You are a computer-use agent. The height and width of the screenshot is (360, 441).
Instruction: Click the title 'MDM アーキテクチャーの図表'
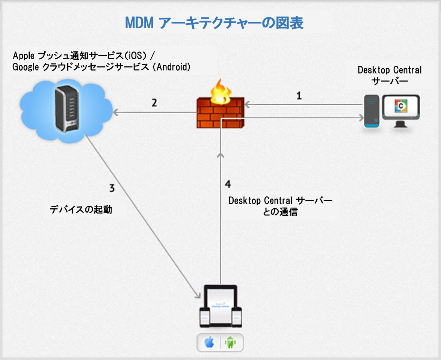tap(214, 23)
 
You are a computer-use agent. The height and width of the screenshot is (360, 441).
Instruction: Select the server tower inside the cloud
tap(66, 109)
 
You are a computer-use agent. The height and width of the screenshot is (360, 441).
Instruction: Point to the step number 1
tap(299, 96)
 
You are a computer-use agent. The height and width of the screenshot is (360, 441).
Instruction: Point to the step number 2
tap(154, 103)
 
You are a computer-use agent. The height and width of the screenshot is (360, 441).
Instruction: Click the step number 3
tap(112, 188)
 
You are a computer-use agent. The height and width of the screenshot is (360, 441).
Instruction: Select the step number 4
tap(228, 184)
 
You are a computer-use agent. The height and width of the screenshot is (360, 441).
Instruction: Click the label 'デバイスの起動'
tap(81, 209)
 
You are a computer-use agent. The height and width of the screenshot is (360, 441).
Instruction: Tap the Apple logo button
tap(209, 342)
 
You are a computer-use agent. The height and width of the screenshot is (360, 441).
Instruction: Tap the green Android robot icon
tap(230, 342)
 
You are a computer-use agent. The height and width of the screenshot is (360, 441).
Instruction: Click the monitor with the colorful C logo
tap(401, 108)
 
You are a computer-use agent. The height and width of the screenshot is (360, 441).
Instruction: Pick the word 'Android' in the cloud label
tap(173, 67)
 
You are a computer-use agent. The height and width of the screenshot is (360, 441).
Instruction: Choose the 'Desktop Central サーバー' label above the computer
tap(390, 75)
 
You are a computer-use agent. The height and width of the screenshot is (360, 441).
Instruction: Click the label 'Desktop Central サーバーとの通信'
tap(280, 206)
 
